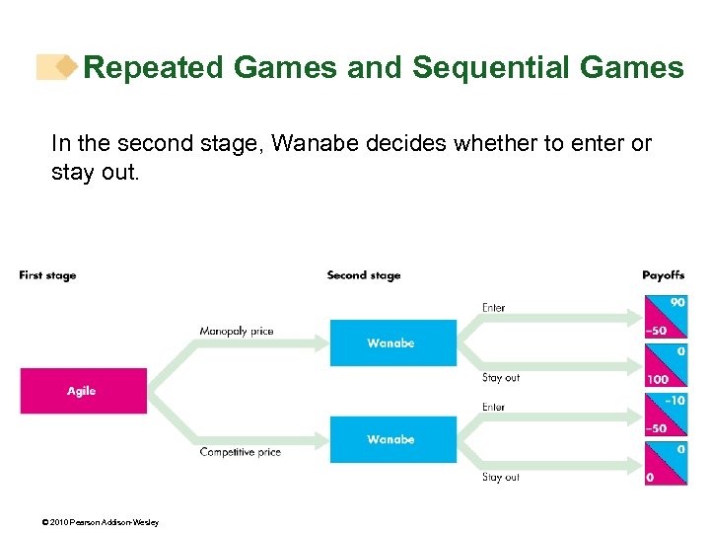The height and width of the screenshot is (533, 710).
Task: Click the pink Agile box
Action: (83, 391)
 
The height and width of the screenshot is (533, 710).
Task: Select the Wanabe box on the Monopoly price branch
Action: (392, 343)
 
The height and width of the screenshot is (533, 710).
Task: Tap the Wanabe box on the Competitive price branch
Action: (392, 439)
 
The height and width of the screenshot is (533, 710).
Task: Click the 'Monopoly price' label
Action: (236, 332)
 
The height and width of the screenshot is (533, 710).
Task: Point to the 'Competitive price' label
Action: (240, 452)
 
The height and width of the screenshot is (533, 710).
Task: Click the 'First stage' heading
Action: (47, 275)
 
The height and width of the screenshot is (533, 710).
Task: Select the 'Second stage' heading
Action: (364, 275)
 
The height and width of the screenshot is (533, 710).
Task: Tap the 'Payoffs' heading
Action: (663, 275)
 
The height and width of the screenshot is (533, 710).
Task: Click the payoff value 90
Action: (676, 302)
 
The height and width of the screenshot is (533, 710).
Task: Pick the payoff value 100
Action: (657, 379)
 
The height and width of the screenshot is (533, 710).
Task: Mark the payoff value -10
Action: (674, 401)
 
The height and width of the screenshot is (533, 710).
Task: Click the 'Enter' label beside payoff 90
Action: (493, 308)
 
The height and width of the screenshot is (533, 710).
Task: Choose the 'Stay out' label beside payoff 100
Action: (500, 378)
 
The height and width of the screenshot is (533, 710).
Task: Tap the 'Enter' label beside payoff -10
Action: (493, 407)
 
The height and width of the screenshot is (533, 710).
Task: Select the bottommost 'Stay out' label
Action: (500, 477)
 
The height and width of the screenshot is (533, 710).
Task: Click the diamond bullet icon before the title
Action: (65, 67)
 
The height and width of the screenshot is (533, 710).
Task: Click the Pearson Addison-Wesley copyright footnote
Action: (88, 522)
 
